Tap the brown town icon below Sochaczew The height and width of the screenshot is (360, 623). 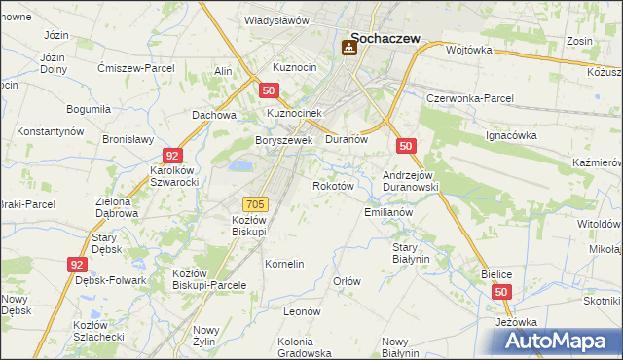pos(349,47)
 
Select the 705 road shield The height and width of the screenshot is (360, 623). pos(255,203)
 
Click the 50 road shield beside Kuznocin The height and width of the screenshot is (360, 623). pos(271,90)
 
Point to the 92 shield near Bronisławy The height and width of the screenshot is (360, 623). pos(171,156)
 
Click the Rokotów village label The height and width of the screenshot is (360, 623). pos(331,185)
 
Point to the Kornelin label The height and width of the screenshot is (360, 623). pos(285,264)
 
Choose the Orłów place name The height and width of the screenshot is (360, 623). pos(348,281)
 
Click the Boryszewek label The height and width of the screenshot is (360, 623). pos(282,140)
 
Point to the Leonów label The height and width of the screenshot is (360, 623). pos(302,311)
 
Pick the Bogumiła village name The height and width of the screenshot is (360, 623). pos(88,109)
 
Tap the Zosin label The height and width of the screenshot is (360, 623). pos(580,42)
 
